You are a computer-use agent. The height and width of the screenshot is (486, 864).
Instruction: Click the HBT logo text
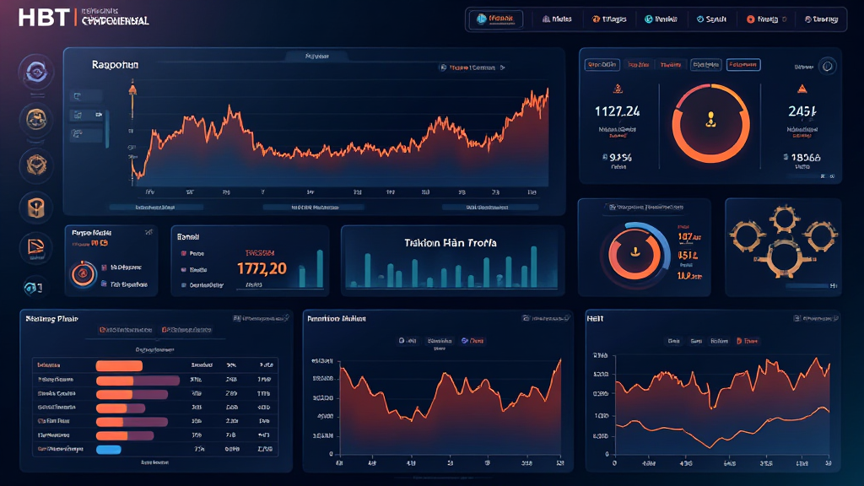tap(33, 17)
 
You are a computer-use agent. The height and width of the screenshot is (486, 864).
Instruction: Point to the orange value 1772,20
tap(262, 268)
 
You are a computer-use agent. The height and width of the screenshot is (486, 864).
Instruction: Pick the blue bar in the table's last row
tap(110, 450)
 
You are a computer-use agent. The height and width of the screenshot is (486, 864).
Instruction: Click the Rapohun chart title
tap(116, 64)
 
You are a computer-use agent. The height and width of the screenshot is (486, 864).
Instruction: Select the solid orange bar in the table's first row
tap(121, 365)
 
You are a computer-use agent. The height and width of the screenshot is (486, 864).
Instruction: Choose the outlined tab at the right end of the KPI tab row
tap(743, 64)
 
